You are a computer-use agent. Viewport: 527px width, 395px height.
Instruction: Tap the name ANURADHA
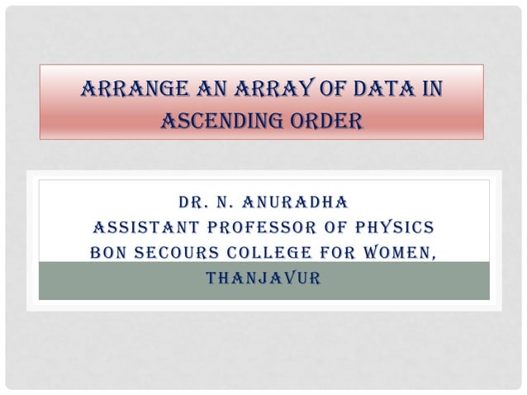(x=300, y=202)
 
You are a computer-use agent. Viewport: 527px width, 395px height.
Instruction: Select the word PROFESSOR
(x=278, y=227)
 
